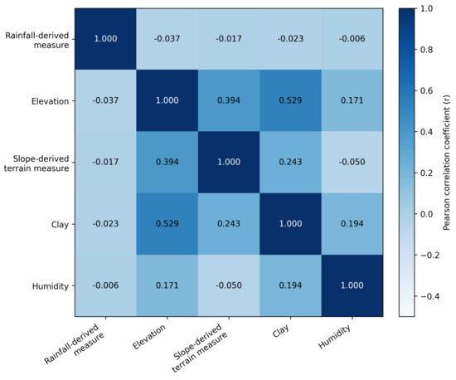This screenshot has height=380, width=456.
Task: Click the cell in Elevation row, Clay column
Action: click(x=290, y=100)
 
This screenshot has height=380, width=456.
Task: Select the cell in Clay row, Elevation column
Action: click(x=167, y=224)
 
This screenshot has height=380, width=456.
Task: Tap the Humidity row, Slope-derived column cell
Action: click(x=229, y=285)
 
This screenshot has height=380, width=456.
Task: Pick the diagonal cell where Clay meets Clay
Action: click(x=290, y=224)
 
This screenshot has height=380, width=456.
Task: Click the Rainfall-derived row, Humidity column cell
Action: click(x=352, y=39)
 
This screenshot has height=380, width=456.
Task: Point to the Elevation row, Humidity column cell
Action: click(x=352, y=100)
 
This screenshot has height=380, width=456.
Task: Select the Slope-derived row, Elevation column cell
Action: click(x=167, y=162)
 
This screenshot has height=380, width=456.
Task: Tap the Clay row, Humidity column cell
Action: click(x=352, y=224)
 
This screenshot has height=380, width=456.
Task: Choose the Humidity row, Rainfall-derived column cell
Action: click(x=105, y=285)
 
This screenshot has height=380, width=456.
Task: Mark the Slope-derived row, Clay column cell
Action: click(x=290, y=162)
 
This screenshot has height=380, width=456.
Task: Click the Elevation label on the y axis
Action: click(x=51, y=101)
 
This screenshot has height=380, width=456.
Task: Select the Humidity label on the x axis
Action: click(x=334, y=336)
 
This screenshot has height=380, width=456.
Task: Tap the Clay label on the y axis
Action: click(x=60, y=225)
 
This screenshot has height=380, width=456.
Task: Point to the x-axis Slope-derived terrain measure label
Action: click(x=200, y=348)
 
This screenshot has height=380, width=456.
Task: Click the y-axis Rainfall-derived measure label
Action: click(x=37, y=40)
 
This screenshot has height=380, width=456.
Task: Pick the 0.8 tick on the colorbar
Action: click(x=415, y=50)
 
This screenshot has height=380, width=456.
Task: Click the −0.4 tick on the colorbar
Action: click(x=415, y=296)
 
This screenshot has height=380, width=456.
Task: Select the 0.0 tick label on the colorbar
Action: click(x=427, y=214)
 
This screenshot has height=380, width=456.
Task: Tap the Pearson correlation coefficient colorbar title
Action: click(x=446, y=163)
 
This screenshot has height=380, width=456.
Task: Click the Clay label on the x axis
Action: click(x=280, y=330)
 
